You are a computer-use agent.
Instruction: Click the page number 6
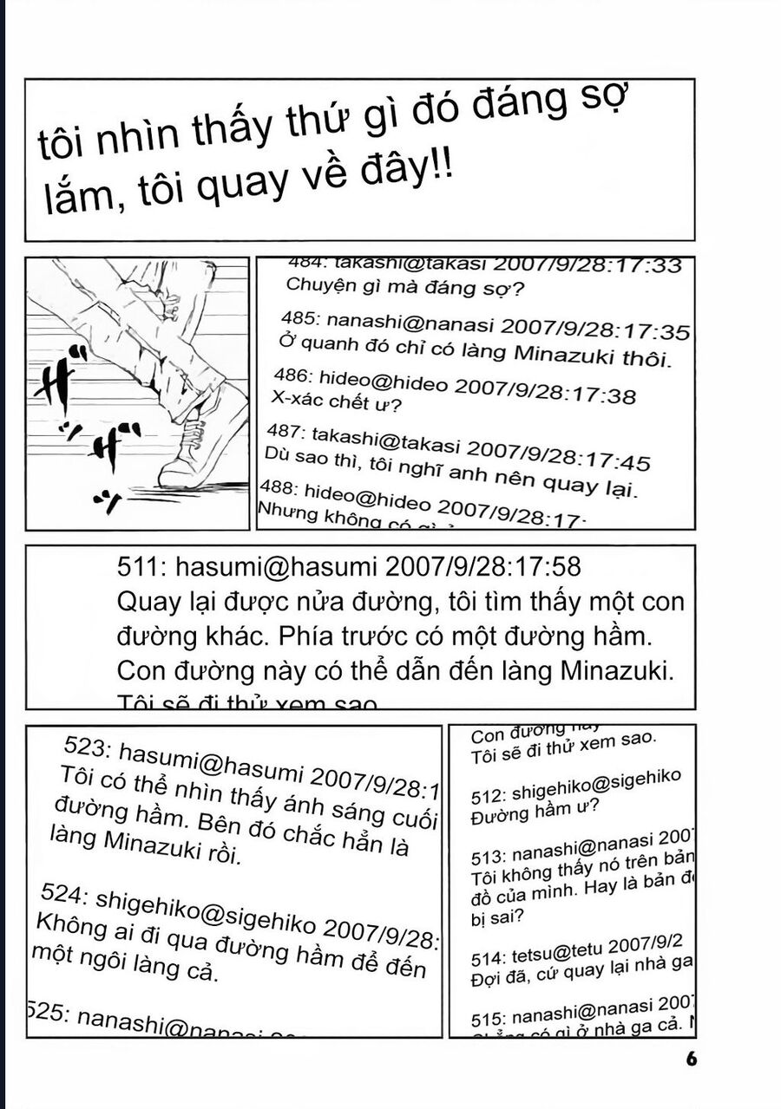(691, 1059)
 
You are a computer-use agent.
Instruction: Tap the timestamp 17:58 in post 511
(549, 568)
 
